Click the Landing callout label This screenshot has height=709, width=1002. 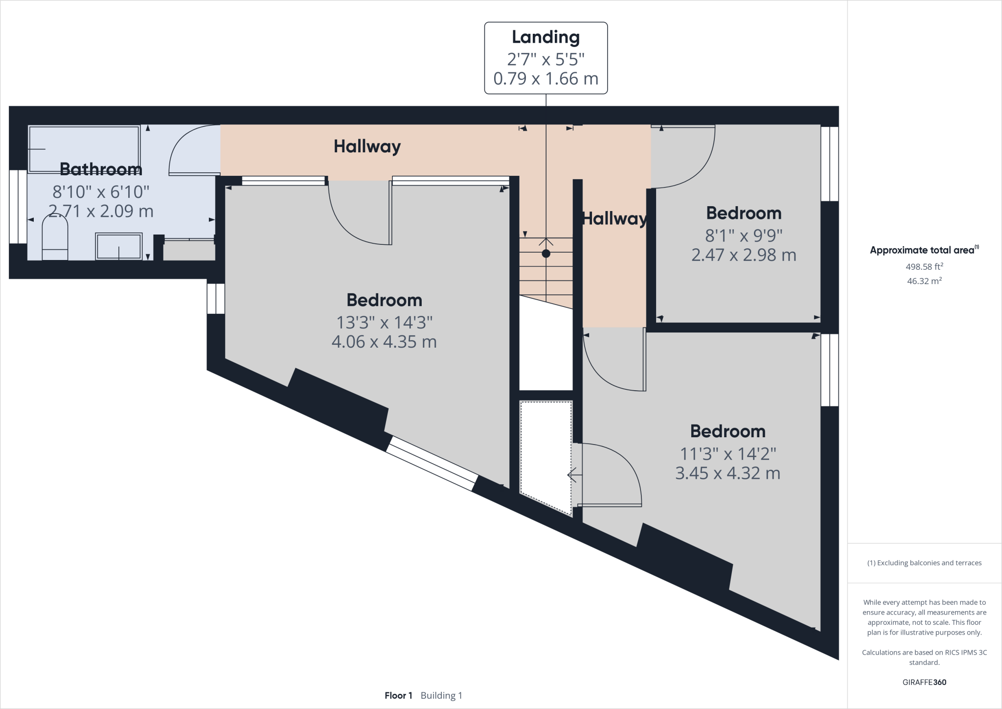546,37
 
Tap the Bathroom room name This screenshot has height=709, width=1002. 101,169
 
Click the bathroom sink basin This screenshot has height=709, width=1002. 119,246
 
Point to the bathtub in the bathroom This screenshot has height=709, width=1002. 84,149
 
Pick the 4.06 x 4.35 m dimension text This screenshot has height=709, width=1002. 384,342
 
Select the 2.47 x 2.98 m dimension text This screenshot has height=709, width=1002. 743,255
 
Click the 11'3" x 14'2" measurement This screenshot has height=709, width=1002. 728,454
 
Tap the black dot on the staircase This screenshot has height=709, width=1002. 546,254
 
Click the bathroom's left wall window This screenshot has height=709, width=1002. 18,206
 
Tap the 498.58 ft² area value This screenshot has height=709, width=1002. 924,267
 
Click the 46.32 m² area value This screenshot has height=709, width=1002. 924,281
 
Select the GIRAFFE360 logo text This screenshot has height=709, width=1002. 924,682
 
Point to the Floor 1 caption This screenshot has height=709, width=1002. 398,695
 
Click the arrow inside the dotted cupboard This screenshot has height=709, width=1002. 573,475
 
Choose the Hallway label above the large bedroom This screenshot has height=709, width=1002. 367,146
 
